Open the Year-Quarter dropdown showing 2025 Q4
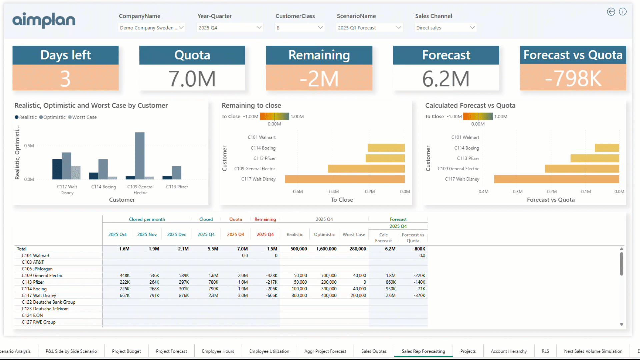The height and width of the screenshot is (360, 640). coord(230,28)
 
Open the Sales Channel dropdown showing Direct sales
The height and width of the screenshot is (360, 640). coord(445,28)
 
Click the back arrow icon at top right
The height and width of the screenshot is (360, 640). coord(611,12)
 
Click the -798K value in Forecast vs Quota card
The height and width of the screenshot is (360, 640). coord(573,79)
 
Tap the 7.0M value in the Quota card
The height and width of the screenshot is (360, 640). coord(192,79)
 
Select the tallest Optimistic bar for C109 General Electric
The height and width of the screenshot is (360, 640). coord(140,155)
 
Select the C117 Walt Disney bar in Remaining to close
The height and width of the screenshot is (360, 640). coord(345,179)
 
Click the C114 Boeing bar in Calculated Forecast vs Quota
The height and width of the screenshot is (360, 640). coord(607,148)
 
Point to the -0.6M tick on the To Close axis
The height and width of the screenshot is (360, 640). coord(297,192)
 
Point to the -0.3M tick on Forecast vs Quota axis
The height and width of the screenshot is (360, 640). coord(517,192)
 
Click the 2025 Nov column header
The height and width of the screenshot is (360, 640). coord(147,234)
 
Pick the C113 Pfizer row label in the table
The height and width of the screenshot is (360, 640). coord(33,282)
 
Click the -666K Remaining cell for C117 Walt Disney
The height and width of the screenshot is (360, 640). coord(272,295)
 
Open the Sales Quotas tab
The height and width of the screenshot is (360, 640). coord(374,351)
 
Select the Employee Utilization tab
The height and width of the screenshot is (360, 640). coord(269,351)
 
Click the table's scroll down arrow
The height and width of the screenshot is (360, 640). coord(621,324)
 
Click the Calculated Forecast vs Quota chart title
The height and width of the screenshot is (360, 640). coord(470,105)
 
